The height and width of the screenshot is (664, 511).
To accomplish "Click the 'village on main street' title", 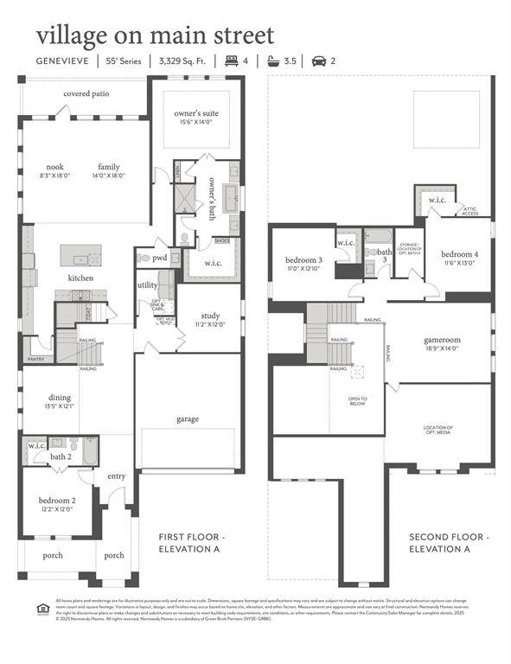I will coord(155,36).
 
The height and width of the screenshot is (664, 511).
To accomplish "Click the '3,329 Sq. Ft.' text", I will coord(182,61).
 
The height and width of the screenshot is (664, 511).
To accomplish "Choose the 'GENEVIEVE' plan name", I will coord(64,61).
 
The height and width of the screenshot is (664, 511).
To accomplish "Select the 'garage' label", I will coord(188,419).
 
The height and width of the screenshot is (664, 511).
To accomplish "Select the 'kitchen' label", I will coord(80,278).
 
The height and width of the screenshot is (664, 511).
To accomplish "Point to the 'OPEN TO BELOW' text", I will coord(358,401).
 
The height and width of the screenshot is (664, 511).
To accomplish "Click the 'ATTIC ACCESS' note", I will coord(470,210).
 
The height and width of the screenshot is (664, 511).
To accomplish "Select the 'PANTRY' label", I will coord(35,359).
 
